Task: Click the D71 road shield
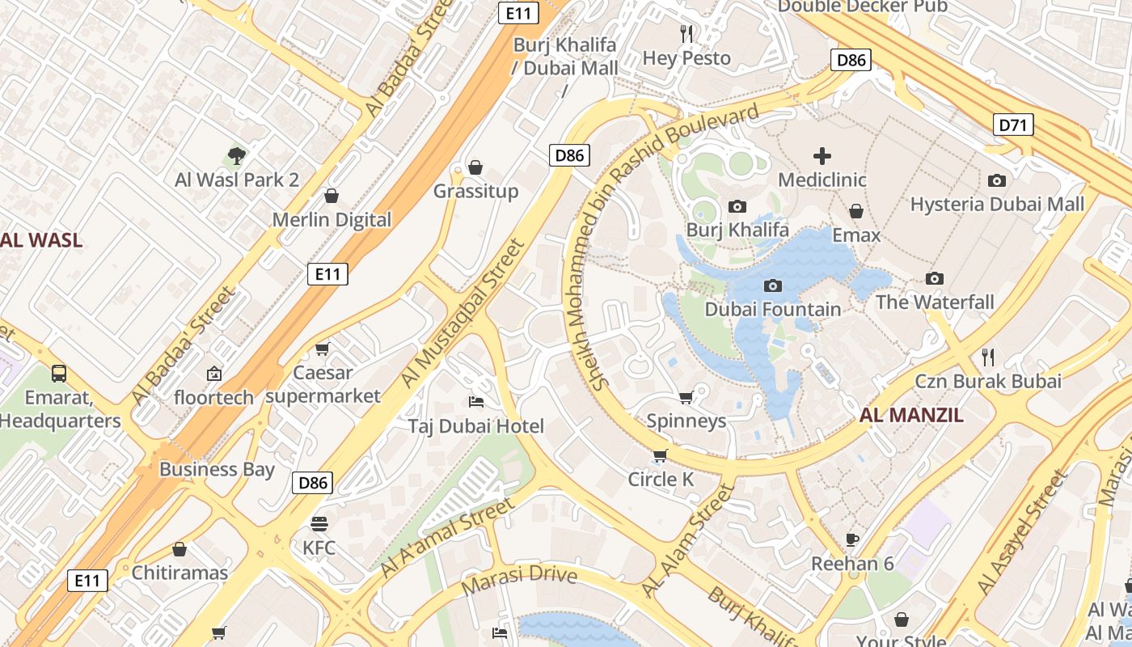(1012, 125)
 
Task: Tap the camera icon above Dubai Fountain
(773, 285)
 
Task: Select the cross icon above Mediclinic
(822, 156)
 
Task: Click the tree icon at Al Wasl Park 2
(237, 155)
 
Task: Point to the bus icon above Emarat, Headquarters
(59, 374)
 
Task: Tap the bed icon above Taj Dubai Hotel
(476, 402)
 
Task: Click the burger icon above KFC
(319, 524)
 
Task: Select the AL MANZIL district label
(911, 416)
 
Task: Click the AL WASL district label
(40, 240)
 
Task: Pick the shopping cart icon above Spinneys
(686, 397)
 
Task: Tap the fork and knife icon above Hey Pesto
(686, 33)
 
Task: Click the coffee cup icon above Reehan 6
(851, 539)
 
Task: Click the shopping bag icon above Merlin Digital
(331, 196)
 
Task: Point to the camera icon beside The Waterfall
(935, 279)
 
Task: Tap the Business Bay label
(217, 470)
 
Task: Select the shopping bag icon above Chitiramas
(180, 549)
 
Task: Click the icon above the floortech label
(213, 374)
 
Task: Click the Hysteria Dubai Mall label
(997, 205)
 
